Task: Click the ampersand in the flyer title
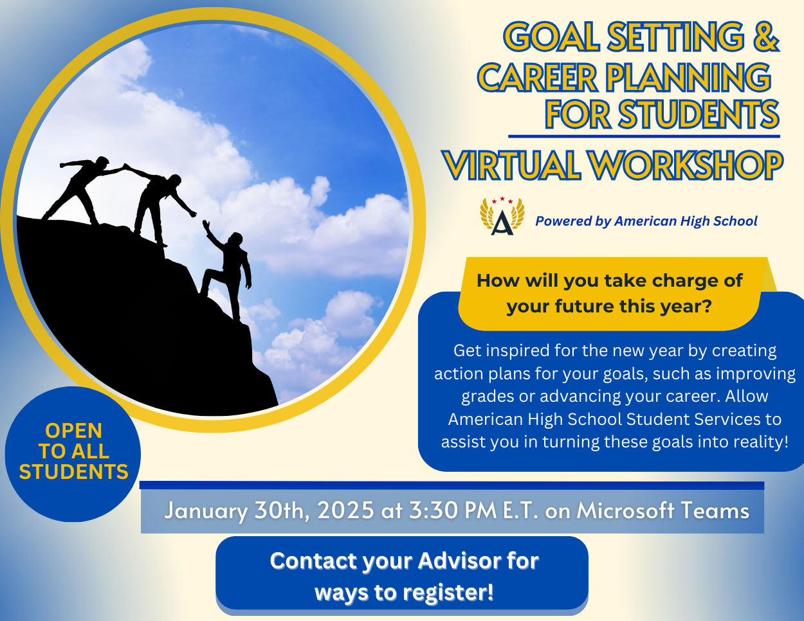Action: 766,36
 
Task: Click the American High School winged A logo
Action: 502,216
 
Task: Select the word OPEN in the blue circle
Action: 73,431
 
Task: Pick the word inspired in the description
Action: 518,351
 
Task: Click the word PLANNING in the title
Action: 688,77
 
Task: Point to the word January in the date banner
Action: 206,512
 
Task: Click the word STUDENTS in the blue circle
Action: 73,472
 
